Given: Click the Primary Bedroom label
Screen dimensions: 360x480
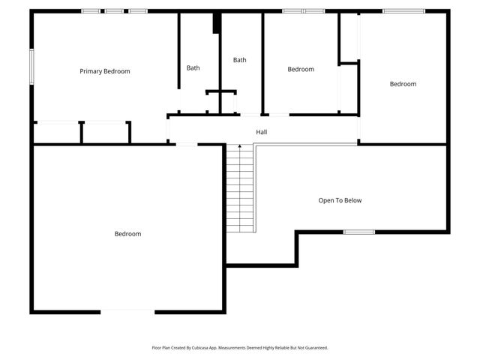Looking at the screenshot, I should pyautogui.click(x=105, y=71).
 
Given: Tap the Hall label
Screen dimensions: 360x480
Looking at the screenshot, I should pyautogui.click(x=261, y=132).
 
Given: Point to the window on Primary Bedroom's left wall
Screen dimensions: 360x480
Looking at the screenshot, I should pyautogui.click(x=31, y=66).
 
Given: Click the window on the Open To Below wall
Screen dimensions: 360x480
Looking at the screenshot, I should pyautogui.click(x=358, y=232).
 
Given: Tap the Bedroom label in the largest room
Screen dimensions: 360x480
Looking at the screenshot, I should pyautogui.click(x=127, y=234).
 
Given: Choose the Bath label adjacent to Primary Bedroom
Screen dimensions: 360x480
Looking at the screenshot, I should pyautogui.click(x=193, y=68).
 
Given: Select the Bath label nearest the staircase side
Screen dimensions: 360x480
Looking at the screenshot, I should pyautogui.click(x=239, y=60).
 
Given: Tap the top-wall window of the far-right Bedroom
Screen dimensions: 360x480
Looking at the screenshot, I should pyautogui.click(x=403, y=11).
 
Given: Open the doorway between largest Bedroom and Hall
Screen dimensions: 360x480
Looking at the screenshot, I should pyautogui.click(x=187, y=144).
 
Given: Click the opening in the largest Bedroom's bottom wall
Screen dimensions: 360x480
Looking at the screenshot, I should pyautogui.click(x=127, y=311).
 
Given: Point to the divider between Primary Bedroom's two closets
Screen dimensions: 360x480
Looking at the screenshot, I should pyautogui.click(x=81, y=132).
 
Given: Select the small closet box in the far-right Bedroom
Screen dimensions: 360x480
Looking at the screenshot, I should pyautogui.click(x=348, y=38).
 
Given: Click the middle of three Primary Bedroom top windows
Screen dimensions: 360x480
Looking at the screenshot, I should pyautogui.click(x=114, y=11).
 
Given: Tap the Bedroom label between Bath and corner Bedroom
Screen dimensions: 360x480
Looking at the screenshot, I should pyautogui.click(x=301, y=69).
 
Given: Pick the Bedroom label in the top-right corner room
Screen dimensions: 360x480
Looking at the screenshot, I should pyautogui.click(x=403, y=84).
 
